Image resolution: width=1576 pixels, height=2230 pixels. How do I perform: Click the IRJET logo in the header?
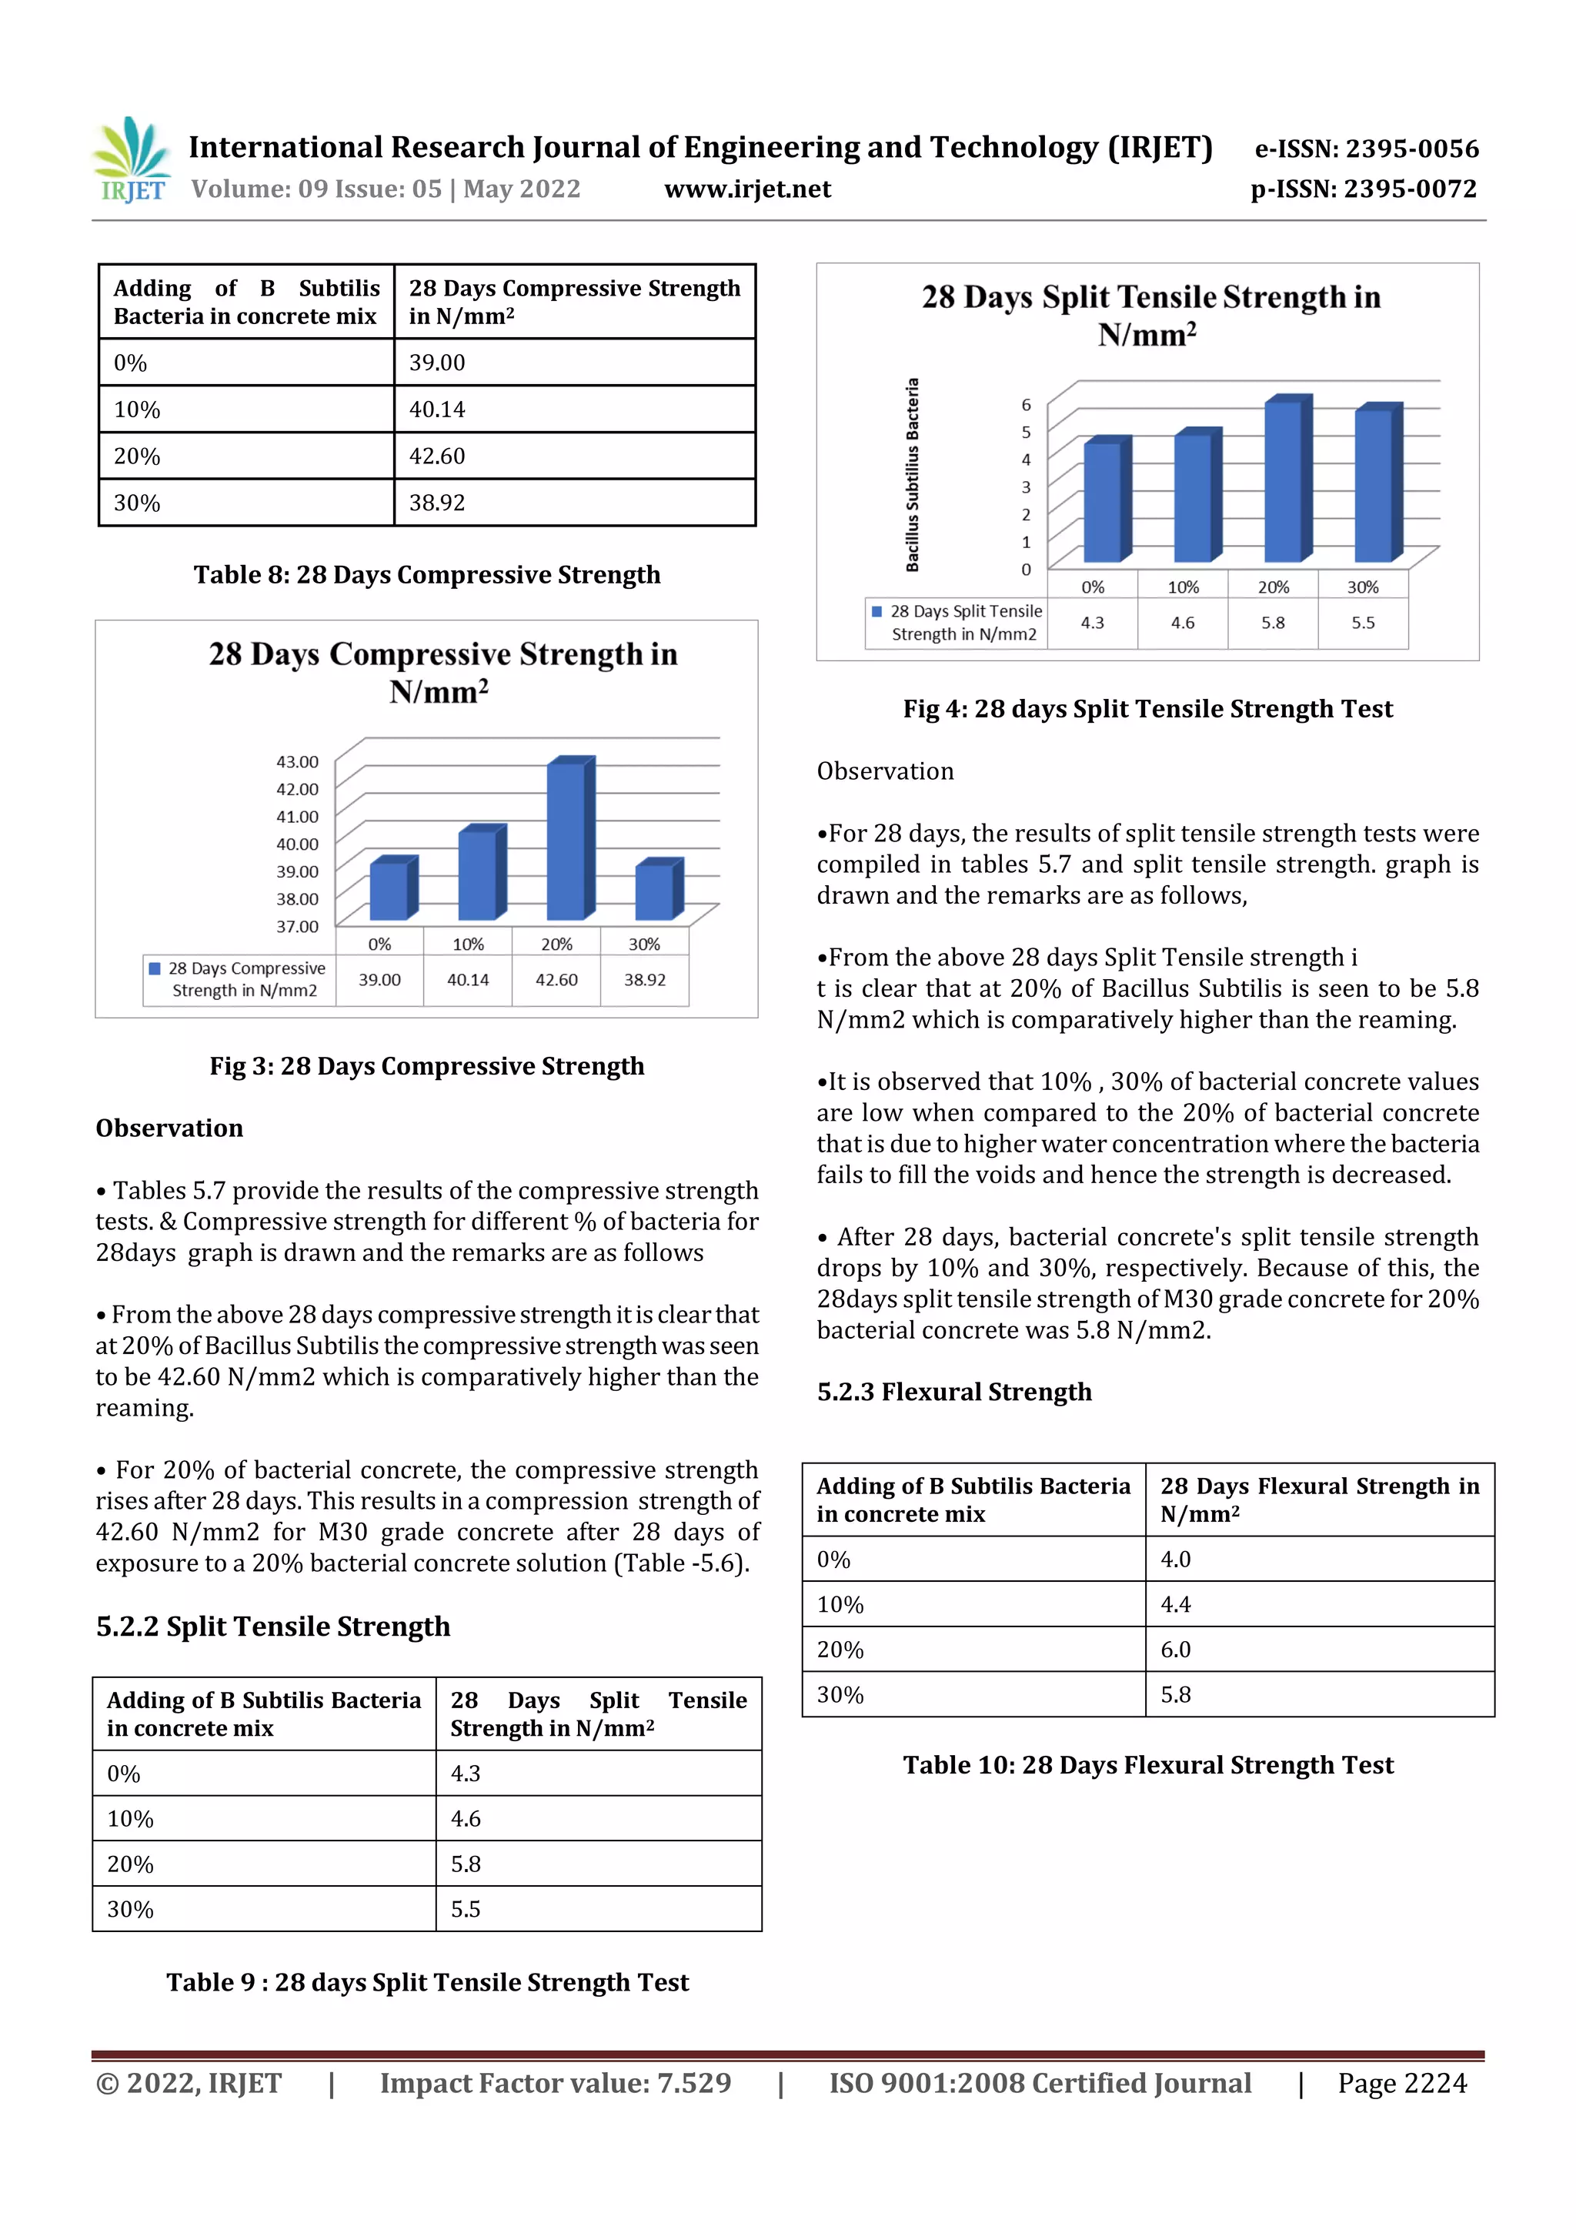(x=132, y=160)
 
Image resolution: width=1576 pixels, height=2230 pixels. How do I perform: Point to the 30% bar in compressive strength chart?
(x=657, y=891)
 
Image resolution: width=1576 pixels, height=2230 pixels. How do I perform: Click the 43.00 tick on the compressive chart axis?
(x=297, y=761)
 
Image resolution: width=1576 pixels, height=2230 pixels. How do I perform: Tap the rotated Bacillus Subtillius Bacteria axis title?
(x=912, y=474)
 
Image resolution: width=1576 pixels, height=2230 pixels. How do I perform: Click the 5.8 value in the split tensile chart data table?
(x=1272, y=623)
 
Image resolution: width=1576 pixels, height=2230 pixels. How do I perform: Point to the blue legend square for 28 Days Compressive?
(x=155, y=968)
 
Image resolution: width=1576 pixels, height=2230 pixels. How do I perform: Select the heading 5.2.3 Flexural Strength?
(x=953, y=1392)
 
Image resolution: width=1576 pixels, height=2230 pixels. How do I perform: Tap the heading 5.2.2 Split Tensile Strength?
(x=273, y=1626)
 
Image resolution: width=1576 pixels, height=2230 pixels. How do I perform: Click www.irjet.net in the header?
(x=746, y=189)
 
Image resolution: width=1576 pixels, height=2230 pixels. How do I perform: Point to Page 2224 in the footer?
(x=1401, y=2083)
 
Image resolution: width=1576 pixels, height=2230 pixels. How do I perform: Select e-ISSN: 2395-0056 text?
(x=1366, y=149)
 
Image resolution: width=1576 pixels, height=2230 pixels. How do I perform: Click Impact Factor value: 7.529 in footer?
(x=556, y=2083)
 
